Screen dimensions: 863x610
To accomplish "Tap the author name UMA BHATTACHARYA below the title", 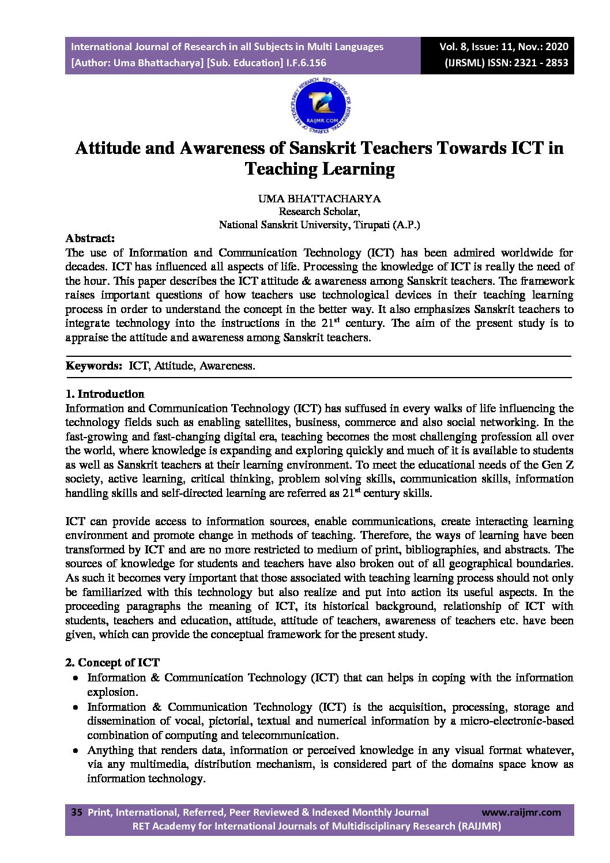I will pos(319,199).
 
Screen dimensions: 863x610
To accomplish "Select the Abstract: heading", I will pos(90,239).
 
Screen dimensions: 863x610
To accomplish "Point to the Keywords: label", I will pos(94,366).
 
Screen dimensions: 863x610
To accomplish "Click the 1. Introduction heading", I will pos(104,394).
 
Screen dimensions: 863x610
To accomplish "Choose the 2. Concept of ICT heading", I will pos(112,663).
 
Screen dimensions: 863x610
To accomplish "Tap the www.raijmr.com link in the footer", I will pos(521,813).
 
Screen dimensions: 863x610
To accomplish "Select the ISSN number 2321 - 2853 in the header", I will pos(536,63).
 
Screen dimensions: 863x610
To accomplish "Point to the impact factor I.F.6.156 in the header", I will pos(306,63).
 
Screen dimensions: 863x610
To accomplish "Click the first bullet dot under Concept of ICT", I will pos(76,679).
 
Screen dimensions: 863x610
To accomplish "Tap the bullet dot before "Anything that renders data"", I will pos(76,751).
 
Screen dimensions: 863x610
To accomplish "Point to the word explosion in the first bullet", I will pos(112,692).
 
